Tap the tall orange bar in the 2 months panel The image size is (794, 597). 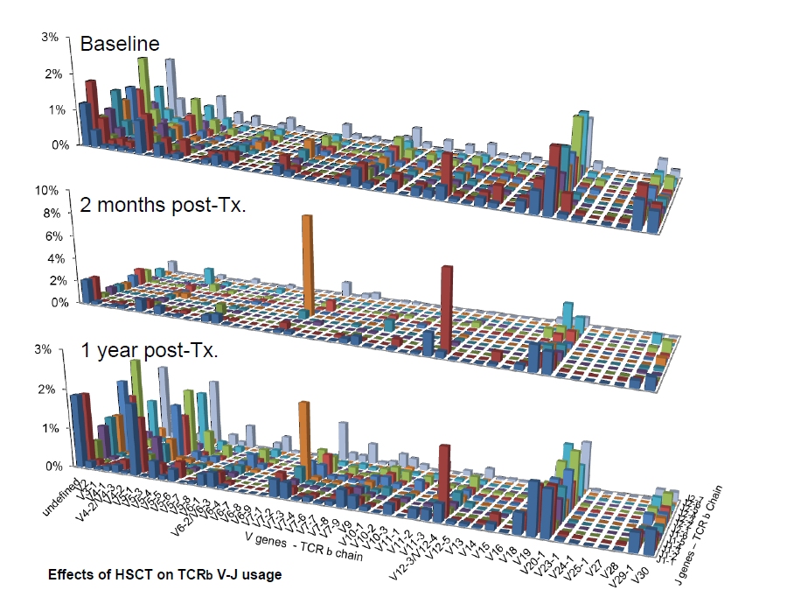pos(307,263)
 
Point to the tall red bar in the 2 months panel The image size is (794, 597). pos(447,306)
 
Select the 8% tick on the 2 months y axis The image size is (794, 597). pos(50,213)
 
